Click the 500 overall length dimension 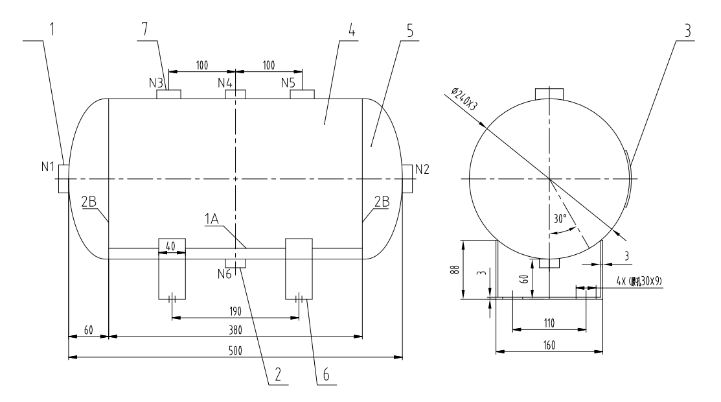pos(235,350)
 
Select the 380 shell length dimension pos(235,330)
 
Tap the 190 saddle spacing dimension pos(235,311)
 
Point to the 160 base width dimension pos(549,346)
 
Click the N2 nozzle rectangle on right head pos(407,178)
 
